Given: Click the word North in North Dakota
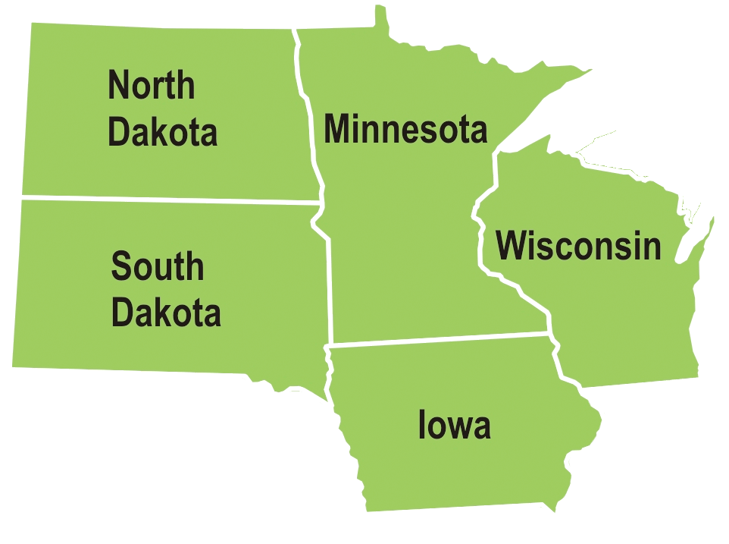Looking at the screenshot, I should (151, 85).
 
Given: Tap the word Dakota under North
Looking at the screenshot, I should (162, 131).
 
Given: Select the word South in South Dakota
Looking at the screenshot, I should (158, 266).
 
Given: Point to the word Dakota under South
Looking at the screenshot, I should (166, 312).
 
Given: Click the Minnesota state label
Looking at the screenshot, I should (405, 129).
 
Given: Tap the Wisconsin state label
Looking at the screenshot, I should (578, 246).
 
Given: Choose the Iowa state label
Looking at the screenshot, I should (454, 426).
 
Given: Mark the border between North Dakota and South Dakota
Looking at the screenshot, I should (167, 200).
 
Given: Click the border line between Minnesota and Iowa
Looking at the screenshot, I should (440, 338).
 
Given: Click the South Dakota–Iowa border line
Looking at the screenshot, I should (330, 379).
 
